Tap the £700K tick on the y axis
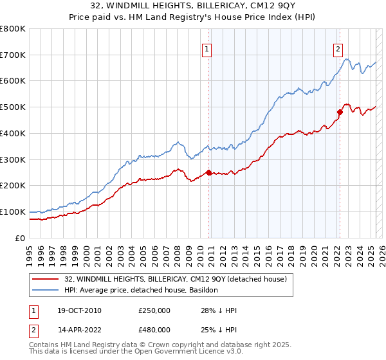(x=13, y=55)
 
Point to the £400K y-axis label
(x=13, y=133)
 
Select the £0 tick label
(x=21, y=238)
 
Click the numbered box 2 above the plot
(x=338, y=48)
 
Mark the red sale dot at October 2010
(x=208, y=172)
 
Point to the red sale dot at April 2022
(x=340, y=112)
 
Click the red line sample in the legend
(x=46, y=279)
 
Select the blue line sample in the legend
(x=46, y=290)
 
